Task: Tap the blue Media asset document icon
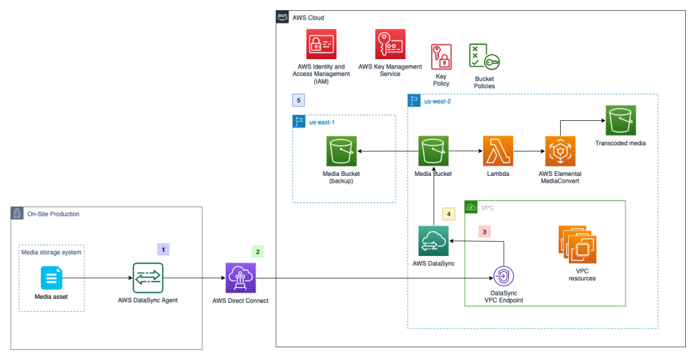coord(52,278)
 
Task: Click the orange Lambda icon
coord(498,151)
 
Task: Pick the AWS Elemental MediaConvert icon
coord(560,151)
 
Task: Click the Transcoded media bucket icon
coord(621,120)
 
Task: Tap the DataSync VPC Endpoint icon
coord(503,278)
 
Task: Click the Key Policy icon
coord(441,56)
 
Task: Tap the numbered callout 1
coord(164,249)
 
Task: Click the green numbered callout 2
coord(257,251)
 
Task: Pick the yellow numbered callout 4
coord(448,213)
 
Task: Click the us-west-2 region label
coord(437,101)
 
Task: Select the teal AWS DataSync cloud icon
coord(434,241)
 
